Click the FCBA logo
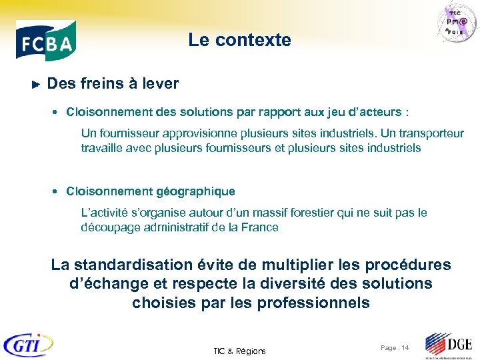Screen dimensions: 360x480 (46, 41)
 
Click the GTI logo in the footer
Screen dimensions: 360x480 (27, 344)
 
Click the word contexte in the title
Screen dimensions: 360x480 (261, 40)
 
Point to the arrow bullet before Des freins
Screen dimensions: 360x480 (37, 85)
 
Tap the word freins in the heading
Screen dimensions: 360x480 (102, 84)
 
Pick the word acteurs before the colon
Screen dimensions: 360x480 (383, 111)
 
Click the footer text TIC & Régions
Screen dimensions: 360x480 (239, 351)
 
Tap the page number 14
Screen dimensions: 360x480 (405, 348)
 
